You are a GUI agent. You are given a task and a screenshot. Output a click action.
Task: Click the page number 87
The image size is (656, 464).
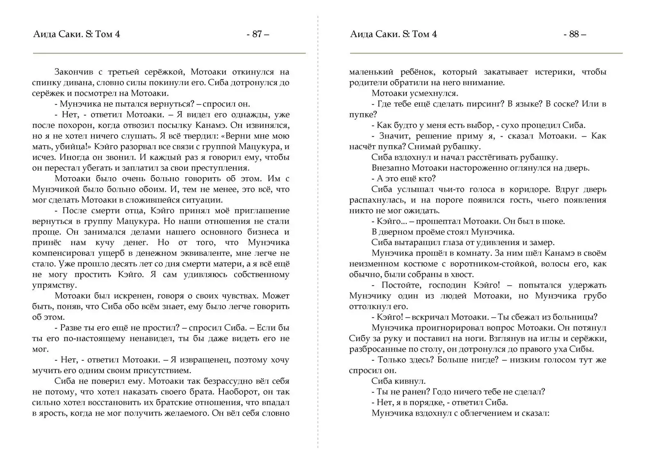(x=257, y=34)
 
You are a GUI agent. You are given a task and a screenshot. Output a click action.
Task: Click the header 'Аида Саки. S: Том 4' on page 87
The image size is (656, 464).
(x=76, y=34)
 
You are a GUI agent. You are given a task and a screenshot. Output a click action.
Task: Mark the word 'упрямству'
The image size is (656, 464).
(x=54, y=285)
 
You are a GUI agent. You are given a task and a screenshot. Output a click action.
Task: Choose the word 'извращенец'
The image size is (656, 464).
(x=201, y=360)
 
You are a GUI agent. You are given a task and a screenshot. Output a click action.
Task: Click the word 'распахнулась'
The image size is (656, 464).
(x=377, y=200)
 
